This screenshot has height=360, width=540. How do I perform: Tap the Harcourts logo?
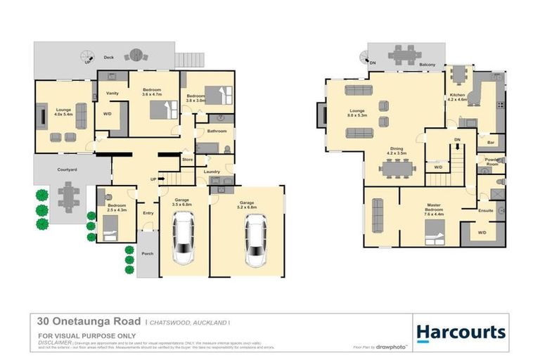pyautogui.click(x=461, y=332)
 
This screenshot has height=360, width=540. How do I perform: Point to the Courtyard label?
pyautogui.click(x=67, y=169)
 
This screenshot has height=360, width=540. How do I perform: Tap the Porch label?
pyautogui.click(x=148, y=254)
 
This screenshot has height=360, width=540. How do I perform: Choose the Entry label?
pyautogui.click(x=148, y=212)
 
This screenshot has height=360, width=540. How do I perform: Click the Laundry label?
pyautogui.click(x=212, y=172)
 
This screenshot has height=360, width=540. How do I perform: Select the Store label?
pyautogui.click(x=187, y=160)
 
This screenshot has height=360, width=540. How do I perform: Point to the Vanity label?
pyautogui.click(x=111, y=94)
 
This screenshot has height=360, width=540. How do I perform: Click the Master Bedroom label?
pyautogui.click(x=434, y=208)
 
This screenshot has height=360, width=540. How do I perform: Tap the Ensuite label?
pyautogui.click(x=485, y=210)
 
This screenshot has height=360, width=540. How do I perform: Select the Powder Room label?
pyautogui.click(x=491, y=162)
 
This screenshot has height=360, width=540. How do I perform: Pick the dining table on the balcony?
pyautogui.click(x=402, y=54)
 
